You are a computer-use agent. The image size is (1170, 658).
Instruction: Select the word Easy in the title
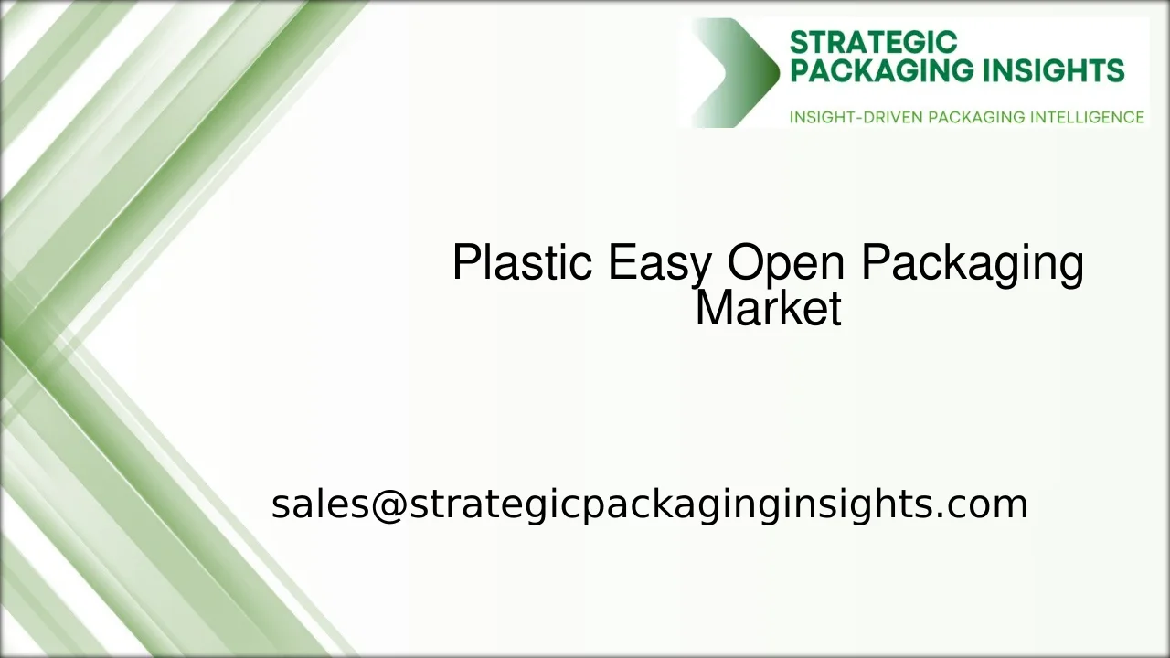click(659, 264)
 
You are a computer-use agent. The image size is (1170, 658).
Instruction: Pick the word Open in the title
click(786, 264)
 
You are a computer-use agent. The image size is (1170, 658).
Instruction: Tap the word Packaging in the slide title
click(973, 264)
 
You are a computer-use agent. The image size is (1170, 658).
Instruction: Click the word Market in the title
click(768, 309)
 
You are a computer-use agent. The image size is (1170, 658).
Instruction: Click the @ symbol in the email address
click(388, 504)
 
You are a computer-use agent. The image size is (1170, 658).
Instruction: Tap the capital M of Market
click(714, 309)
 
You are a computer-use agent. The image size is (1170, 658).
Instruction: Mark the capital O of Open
click(747, 263)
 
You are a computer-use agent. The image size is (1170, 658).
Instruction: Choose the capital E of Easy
click(621, 263)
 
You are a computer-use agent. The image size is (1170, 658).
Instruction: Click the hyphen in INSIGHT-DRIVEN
click(866, 118)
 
